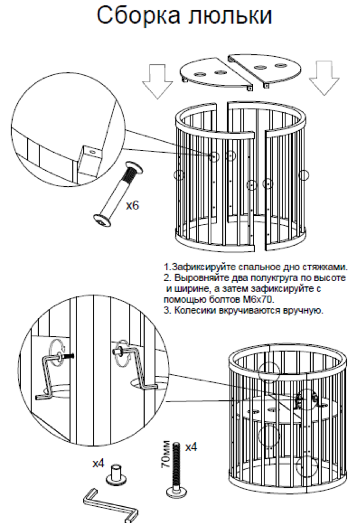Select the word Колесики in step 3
[x=193, y=310]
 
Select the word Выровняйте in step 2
[x=197, y=278]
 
